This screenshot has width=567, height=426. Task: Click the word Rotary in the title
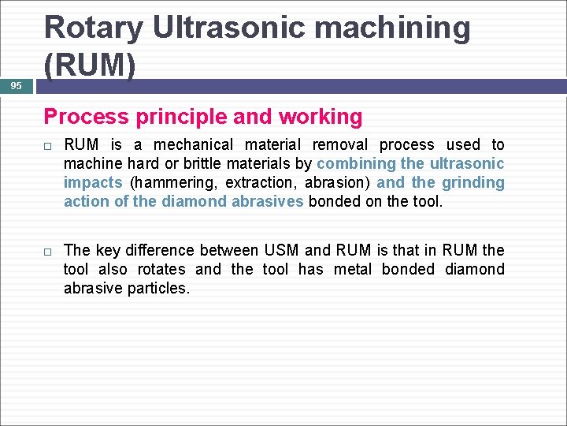[x=93, y=28]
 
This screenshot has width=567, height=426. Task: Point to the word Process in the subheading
[x=86, y=117]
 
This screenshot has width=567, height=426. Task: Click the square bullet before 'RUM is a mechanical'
[x=49, y=145]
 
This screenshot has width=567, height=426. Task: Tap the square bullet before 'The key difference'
[x=49, y=251]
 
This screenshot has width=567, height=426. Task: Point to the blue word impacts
[x=92, y=182]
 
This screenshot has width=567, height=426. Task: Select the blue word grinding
[x=472, y=182]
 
